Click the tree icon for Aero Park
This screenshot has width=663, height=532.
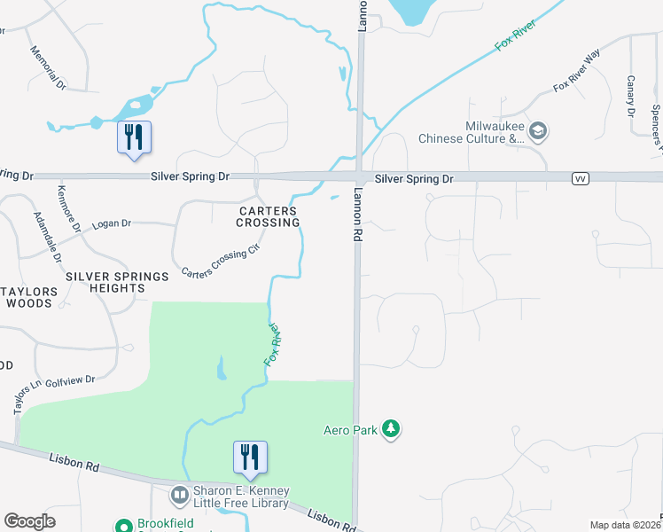pos(391,430)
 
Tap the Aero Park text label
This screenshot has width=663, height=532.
pos(349,430)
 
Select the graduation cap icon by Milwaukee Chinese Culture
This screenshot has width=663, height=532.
pos(538,132)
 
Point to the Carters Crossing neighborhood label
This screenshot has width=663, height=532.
pos(268,216)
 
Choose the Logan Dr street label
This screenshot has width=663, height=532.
pos(112,223)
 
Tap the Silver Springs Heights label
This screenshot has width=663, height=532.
pos(117,283)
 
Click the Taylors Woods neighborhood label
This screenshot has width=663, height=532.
pos(29,297)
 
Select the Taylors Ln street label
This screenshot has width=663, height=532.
pos(22,398)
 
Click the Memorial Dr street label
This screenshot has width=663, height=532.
pos(48,68)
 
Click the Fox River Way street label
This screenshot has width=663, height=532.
pos(577,74)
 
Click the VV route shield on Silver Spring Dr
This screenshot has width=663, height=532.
pos(581,179)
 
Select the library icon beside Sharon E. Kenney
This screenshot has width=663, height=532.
pos(180,494)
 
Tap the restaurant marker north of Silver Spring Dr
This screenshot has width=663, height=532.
pos(134,138)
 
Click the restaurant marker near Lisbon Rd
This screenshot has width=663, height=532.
pos(251,458)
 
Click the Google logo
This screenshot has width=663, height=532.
pos(30,521)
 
